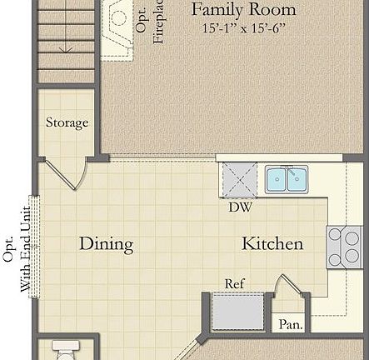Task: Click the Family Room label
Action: tap(243, 10)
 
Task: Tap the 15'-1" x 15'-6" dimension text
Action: tap(243, 28)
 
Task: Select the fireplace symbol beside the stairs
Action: tap(117, 25)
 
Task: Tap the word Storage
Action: tap(67, 122)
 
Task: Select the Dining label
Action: tap(106, 243)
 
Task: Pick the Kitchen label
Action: tap(272, 243)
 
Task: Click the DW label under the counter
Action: tap(240, 207)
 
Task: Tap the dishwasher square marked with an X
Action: tap(238, 179)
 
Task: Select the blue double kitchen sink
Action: tap(287, 178)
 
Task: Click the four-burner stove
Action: tap(344, 247)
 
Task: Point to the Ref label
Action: tap(235, 284)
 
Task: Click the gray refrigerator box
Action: tap(237, 312)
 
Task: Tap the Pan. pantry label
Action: tap(291, 324)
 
